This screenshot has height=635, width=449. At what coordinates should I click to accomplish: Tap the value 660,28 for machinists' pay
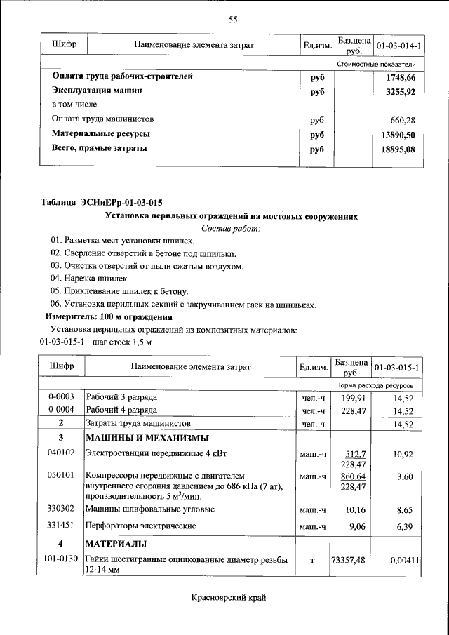pos(403,119)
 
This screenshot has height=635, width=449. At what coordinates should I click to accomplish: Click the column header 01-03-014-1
pos(398,46)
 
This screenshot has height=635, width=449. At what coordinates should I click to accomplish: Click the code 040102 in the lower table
pos(62,454)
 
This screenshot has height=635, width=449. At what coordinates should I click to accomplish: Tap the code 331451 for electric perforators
pos(62,525)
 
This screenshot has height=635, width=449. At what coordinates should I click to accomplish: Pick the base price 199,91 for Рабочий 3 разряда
pos(354,397)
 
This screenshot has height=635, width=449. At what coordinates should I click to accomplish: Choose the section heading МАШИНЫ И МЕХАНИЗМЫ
pos(147,439)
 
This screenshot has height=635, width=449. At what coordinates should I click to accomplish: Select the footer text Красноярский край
pos(229,599)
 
